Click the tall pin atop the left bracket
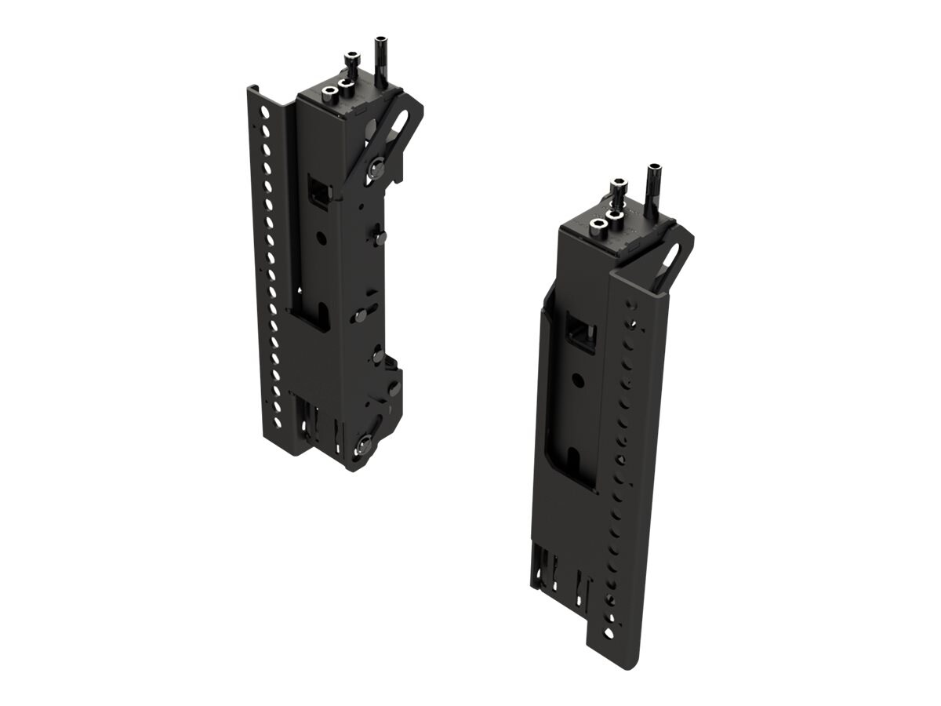click(x=381, y=59)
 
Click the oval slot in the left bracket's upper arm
click(x=398, y=124)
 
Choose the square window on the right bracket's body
click(x=582, y=333)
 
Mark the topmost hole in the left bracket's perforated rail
click(x=264, y=112)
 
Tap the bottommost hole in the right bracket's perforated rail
click(x=609, y=631)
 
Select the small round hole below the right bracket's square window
click(x=578, y=379)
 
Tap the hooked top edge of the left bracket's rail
click(x=252, y=91)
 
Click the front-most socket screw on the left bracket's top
click(x=330, y=92)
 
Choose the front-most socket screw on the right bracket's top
click(x=598, y=224)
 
